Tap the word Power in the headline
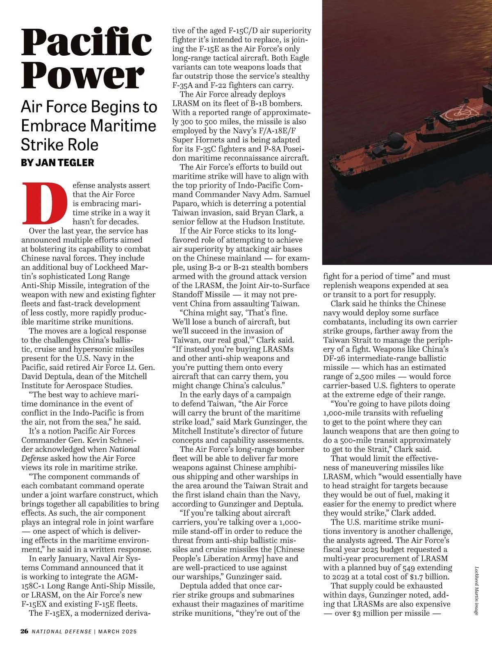click(82, 76)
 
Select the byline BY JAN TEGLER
click(57, 163)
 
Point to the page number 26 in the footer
click(25, 631)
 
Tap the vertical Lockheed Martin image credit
click(476, 590)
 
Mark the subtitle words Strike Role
click(60, 145)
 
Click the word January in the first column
click(70, 559)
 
